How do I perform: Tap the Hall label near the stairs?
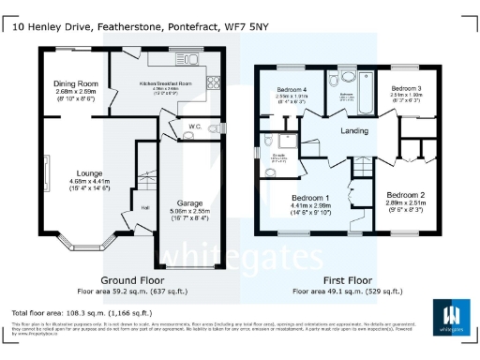(119, 208)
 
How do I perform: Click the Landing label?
(353, 130)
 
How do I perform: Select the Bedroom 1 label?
(309, 199)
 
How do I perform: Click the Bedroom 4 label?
(292, 89)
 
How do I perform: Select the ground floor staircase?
(144, 178)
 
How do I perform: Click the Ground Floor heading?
(127, 280)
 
